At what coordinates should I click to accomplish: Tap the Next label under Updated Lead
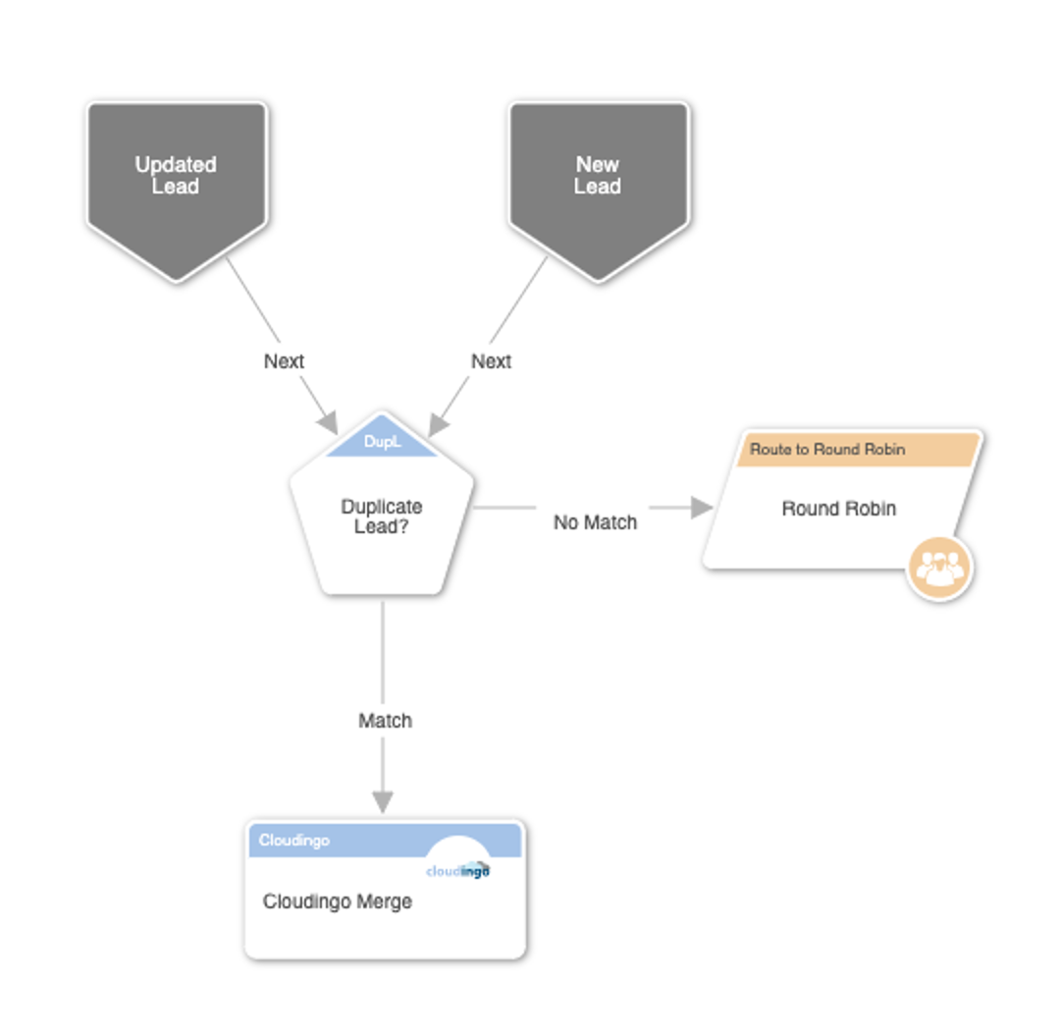(x=284, y=361)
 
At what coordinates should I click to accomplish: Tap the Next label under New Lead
(x=491, y=361)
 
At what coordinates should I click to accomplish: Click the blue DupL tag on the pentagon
(x=382, y=441)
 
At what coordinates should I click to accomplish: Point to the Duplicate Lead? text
(x=381, y=516)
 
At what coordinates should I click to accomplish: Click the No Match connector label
(x=595, y=522)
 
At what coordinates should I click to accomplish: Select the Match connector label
(x=385, y=721)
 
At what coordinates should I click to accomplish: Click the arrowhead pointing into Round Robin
(x=703, y=508)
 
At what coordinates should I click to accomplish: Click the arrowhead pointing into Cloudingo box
(x=383, y=801)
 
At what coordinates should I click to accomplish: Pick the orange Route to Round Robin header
(x=857, y=450)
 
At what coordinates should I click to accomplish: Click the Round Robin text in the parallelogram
(x=839, y=508)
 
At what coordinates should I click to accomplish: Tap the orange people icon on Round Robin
(x=939, y=568)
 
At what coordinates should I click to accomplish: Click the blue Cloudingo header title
(x=294, y=841)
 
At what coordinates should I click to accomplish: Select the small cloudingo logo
(x=457, y=870)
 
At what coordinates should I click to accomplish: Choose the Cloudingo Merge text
(x=338, y=901)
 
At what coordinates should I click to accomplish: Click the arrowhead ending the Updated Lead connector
(x=329, y=423)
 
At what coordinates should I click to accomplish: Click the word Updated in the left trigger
(x=176, y=164)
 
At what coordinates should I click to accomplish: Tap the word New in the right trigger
(x=598, y=164)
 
